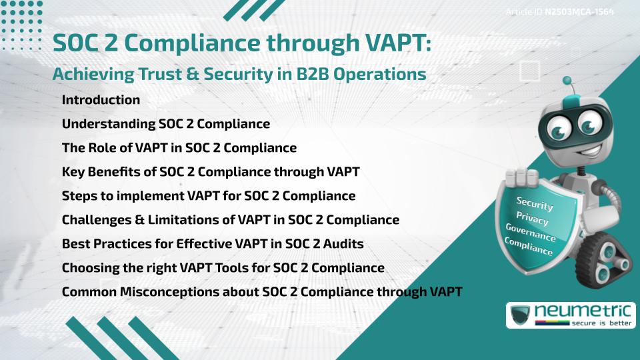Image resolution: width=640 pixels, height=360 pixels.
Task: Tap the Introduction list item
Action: pyautogui.click(x=101, y=100)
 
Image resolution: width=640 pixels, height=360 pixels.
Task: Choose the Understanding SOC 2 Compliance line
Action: pyautogui.click(x=165, y=124)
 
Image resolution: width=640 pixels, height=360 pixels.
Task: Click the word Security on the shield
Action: pyautogui.click(x=534, y=204)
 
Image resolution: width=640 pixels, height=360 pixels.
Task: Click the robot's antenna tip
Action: pyautogui.click(x=567, y=81)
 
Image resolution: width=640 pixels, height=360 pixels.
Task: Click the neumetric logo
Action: pyautogui.click(x=571, y=315)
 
